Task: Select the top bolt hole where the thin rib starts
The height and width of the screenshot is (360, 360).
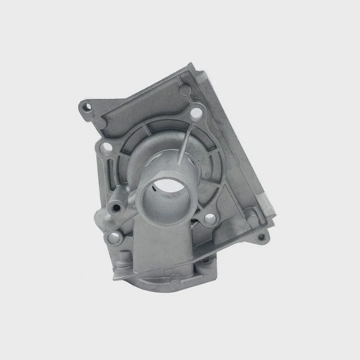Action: pyautogui.click(x=196, y=113)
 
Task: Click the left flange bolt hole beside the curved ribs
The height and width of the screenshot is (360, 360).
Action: pyautogui.click(x=106, y=148)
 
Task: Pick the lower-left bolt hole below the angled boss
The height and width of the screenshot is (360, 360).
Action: pyautogui.click(x=114, y=237)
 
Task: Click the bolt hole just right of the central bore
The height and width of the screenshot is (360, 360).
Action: pyautogui.click(x=209, y=218)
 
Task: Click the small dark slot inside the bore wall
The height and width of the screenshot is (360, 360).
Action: pyautogui.click(x=156, y=189)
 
